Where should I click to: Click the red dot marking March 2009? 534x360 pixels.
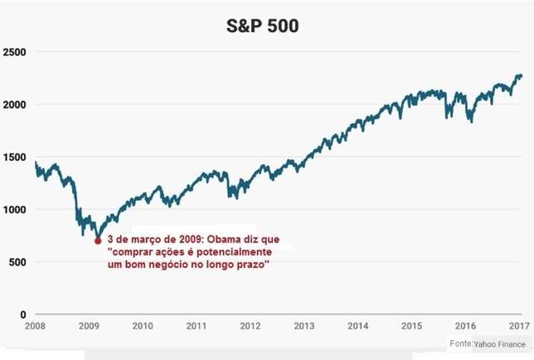[x=98, y=241]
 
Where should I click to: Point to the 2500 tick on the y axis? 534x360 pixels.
[x=16, y=52]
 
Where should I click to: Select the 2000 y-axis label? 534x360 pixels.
[x=16, y=105]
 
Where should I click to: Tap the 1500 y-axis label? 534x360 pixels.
[x=16, y=157]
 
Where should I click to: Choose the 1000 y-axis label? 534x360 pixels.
[x=16, y=210]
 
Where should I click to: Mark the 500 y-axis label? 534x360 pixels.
[x=18, y=262]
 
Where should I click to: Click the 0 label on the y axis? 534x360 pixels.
[x=23, y=314]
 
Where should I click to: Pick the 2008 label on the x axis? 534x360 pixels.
[x=36, y=326]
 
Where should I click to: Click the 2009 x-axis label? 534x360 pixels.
[x=90, y=326]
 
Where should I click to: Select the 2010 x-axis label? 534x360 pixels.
[x=143, y=326]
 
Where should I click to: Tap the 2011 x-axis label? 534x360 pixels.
[x=197, y=326]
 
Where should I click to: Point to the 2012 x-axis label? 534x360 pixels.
[x=250, y=326]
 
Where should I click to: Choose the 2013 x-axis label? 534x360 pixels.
[x=304, y=326]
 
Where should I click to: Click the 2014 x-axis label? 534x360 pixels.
[x=358, y=326]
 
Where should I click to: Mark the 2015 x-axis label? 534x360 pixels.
[x=412, y=326]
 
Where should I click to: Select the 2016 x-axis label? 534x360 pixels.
[x=465, y=326]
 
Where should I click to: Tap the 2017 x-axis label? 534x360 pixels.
[x=518, y=326]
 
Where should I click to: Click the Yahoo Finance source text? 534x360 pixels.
[x=500, y=343]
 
